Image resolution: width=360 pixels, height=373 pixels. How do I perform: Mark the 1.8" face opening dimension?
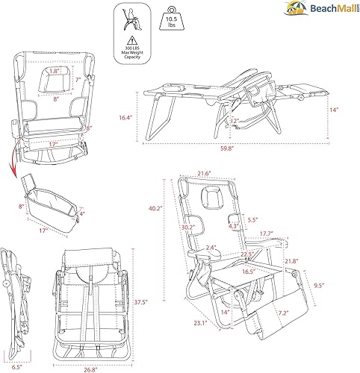[x=53, y=71]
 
